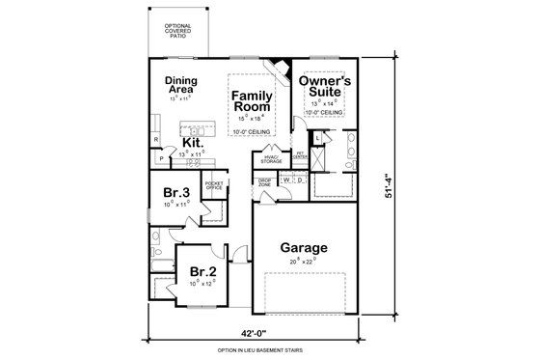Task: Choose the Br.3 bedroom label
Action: [175, 191]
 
